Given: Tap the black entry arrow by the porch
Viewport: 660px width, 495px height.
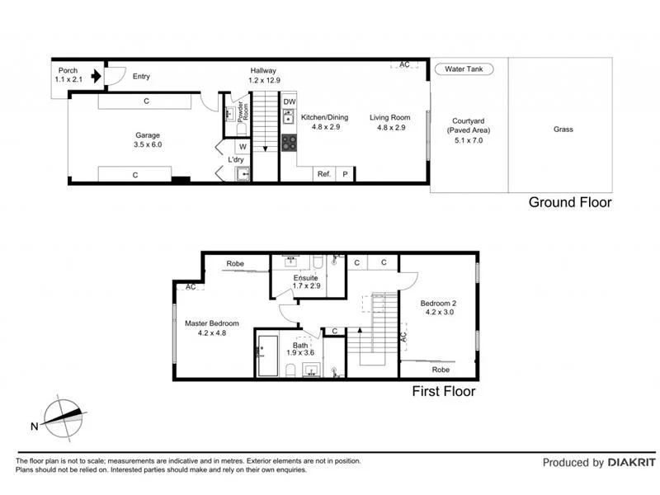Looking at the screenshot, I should point(97,77).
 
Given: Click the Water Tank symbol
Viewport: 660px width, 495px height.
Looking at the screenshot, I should point(464,70).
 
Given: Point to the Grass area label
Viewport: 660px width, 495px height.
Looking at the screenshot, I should point(563,130).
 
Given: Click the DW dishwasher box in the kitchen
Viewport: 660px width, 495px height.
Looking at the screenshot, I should point(289,102).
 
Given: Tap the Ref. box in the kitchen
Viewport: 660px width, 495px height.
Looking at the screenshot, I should point(324,174).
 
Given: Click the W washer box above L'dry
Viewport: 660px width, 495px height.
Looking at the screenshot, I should point(243,147).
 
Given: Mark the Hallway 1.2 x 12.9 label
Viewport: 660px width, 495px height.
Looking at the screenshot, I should point(263,76).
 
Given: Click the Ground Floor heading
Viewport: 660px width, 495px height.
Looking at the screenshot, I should point(570,202).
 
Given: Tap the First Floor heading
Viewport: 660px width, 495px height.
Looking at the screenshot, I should point(444,392).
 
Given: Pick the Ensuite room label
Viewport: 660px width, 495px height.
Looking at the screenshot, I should point(306,283).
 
